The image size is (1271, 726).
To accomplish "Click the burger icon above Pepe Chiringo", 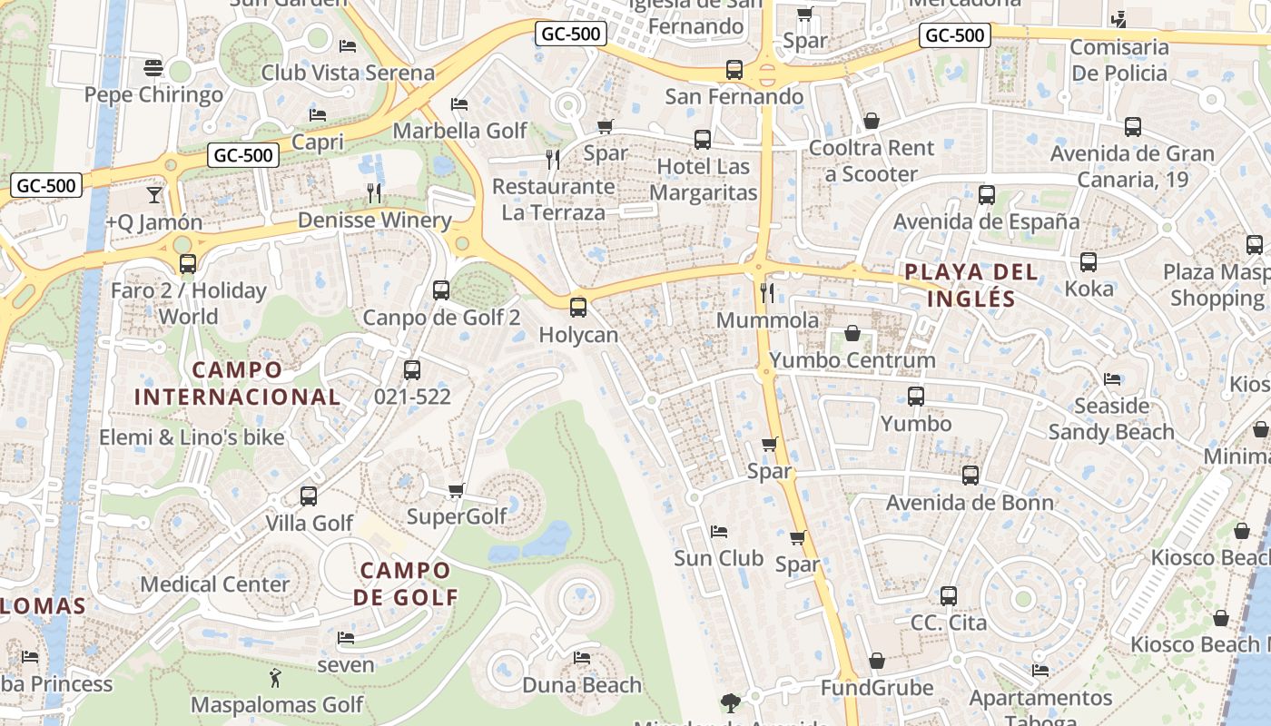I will click(x=153, y=68).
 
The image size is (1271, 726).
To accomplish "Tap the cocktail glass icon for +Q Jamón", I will click(x=153, y=195).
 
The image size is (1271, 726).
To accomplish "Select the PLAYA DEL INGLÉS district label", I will click(x=970, y=285).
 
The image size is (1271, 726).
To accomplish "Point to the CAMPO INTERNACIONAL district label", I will click(x=237, y=383).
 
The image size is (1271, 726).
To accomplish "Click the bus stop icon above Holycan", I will click(x=578, y=308).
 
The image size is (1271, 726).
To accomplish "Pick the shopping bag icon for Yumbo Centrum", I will click(x=852, y=334).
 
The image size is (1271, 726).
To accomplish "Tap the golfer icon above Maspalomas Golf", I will click(x=275, y=677).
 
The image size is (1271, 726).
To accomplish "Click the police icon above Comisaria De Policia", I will click(x=1118, y=19).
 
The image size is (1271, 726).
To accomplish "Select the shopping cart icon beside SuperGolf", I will click(x=457, y=491).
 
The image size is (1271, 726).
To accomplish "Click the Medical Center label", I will click(x=214, y=584).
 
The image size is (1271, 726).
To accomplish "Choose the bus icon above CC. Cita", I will click(x=949, y=596).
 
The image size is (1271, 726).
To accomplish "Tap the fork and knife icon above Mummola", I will click(x=767, y=292).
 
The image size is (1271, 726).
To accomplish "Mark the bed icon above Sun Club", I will click(x=719, y=531).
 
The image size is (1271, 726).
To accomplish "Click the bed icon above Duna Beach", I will click(x=582, y=657).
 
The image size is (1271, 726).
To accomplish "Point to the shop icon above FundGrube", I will click(x=877, y=661).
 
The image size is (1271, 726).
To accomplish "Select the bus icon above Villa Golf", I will click(x=309, y=496).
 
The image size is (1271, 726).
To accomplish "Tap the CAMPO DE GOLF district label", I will click(x=405, y=584).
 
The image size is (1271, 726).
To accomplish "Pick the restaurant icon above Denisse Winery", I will click(x=373, y=192).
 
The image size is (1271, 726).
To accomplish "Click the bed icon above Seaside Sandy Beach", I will click(x=1112, y=378).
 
